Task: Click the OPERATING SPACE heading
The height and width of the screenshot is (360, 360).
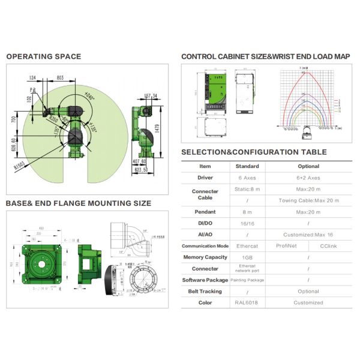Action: click(x=43, y=57)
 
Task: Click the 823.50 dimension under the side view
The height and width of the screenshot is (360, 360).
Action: click(x=142, y=170)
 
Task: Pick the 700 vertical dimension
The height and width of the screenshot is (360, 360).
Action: click(x=13, y=120)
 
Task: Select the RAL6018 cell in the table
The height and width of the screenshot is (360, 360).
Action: click(x=247, y=302)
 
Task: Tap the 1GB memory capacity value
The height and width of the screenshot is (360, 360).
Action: click(x=247, y=257)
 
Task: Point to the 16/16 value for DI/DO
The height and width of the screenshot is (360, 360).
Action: click(x=247, y=223)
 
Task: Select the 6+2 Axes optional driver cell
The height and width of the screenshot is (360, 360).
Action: click(x=308, y=178)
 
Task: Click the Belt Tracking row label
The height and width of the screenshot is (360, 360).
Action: click(x=205, y=291)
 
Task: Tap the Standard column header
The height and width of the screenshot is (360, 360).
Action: click(x=247, y=166)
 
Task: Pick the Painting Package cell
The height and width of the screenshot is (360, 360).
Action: click(x=247, y=280)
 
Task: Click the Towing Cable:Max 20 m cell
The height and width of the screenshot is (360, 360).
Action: click(x=308, y=200)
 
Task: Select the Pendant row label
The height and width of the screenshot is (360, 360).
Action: click(x=205, y=212)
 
